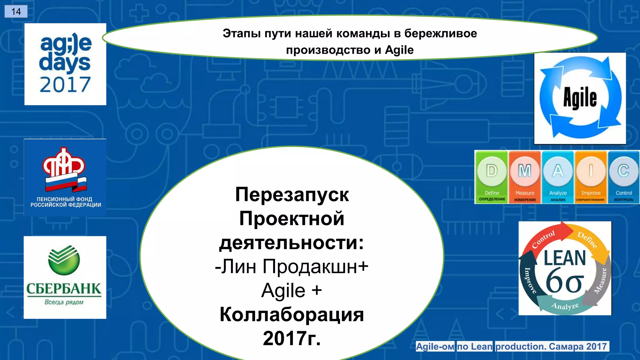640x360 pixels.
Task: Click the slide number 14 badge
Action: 16,12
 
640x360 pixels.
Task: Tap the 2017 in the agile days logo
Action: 65,85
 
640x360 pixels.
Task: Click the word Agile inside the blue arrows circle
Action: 580,98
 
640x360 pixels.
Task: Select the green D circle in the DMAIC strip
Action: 492,171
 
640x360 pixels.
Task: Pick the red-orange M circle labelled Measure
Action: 525,171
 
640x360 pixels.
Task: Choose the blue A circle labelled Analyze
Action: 558,171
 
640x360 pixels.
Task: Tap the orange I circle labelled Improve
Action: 591,171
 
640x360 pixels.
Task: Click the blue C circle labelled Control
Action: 623,171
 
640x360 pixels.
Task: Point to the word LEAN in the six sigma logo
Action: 565,258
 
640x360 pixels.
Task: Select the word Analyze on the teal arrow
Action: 565,306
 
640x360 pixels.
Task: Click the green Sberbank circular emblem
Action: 64,260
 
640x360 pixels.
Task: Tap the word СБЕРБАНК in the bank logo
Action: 64,289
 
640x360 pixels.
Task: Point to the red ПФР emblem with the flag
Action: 65,169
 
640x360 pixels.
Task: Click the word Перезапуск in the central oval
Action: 292,194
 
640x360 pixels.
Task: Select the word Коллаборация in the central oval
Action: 292,314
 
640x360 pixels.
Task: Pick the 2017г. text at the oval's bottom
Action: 292,338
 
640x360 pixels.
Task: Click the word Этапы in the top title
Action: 241,33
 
